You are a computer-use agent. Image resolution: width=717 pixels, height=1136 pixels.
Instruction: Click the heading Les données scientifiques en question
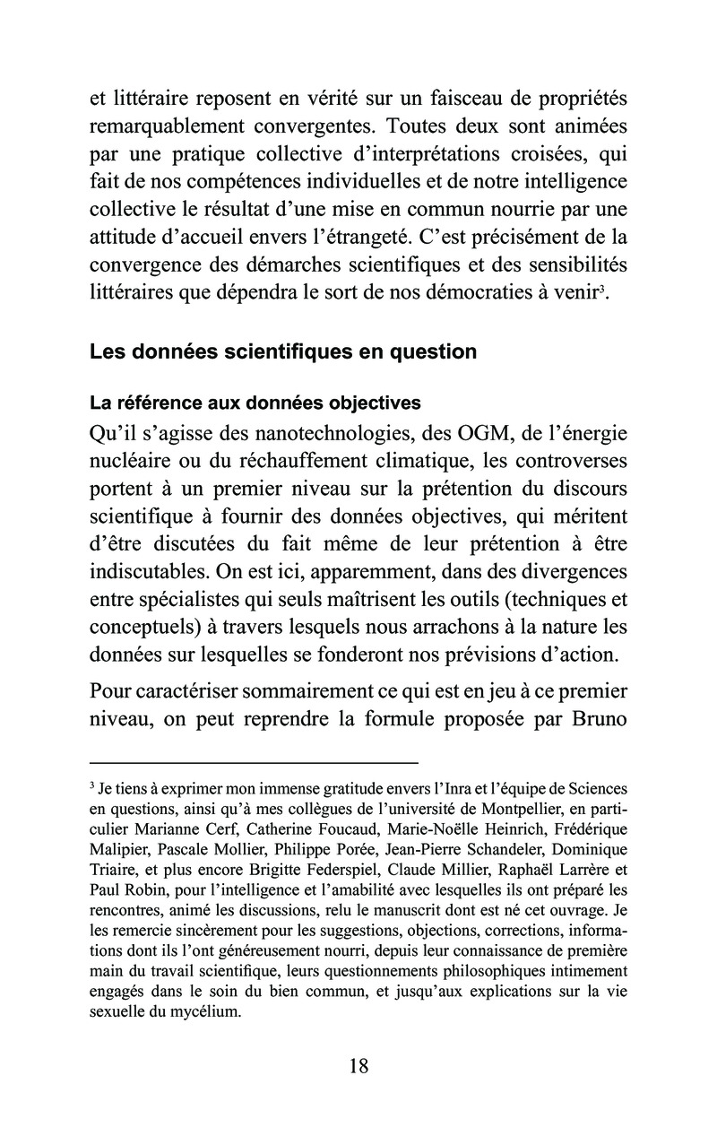pos(283,351)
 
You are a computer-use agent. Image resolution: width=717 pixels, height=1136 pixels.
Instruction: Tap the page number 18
pos(358,1065)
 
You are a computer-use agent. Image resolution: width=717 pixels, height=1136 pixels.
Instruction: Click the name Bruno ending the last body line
pos(595,717)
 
